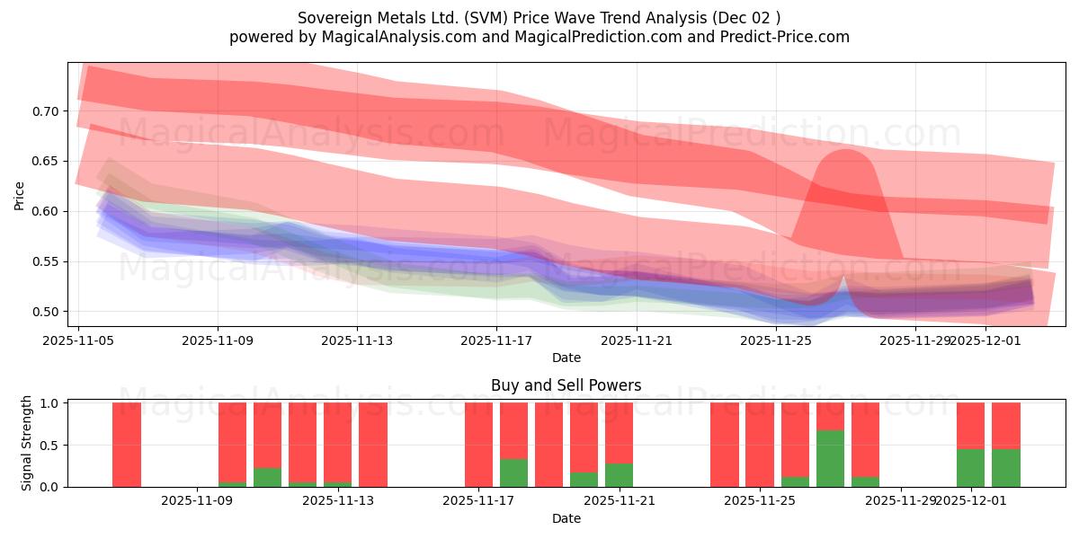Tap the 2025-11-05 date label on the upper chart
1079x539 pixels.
point(78,341)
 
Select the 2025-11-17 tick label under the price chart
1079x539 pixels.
point(496,341)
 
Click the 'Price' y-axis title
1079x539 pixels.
point(20,195)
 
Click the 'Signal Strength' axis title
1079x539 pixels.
point(27,443)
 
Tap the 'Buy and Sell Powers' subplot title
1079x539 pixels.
point(566,385)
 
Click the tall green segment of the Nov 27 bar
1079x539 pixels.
point(830,459)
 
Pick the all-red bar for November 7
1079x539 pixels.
point(127,445)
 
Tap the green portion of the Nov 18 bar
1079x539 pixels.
point(513,473)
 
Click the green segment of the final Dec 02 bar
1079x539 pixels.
point(1005,468)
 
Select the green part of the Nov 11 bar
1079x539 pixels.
point(267,478)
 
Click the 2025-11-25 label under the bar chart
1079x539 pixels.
point(761,500)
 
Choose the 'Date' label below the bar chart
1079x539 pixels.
point(566,518)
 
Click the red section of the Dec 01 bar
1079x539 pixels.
point(970,425)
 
